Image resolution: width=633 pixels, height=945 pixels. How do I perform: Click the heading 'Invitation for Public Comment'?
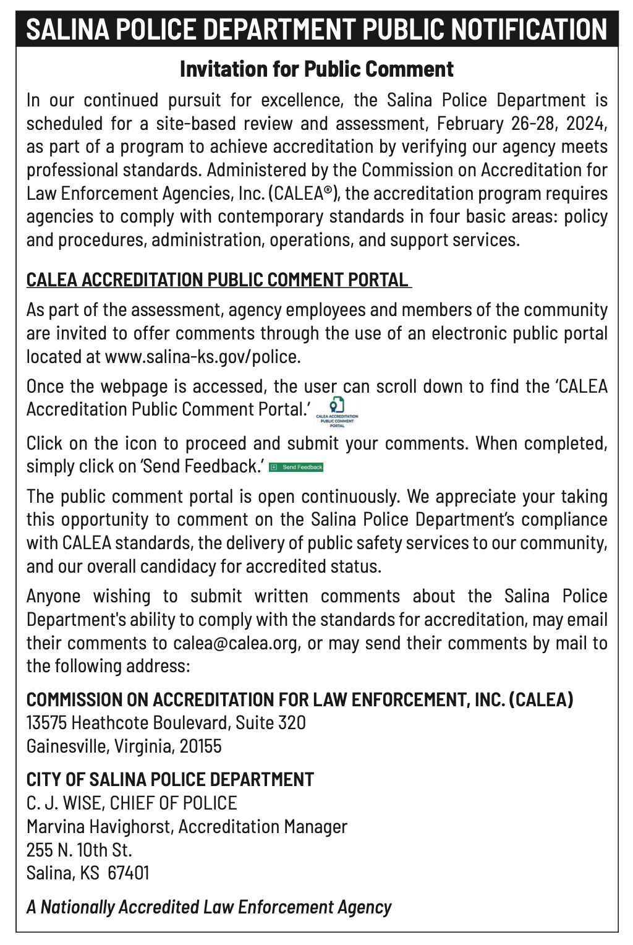316,69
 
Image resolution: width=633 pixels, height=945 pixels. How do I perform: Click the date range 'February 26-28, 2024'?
522,124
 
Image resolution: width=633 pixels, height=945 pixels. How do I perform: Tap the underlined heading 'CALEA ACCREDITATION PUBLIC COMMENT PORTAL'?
218,280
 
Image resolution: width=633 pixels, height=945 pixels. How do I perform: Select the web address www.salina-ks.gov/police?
202,357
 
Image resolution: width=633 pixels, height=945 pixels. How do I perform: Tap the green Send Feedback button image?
297,467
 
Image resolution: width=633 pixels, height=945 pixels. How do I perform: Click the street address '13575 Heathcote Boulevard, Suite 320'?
166,723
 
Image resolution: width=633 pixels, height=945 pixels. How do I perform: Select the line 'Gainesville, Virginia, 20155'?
124,746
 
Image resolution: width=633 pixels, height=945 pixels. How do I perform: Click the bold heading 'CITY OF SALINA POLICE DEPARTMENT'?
170,779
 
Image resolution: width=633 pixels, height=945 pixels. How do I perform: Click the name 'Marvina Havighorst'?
99,827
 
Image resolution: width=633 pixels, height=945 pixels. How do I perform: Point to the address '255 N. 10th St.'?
79,850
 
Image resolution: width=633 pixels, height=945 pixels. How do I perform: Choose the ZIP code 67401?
129,873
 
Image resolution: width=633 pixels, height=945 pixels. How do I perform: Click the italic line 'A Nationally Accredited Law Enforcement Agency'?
209,907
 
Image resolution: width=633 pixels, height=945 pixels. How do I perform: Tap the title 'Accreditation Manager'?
263,827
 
